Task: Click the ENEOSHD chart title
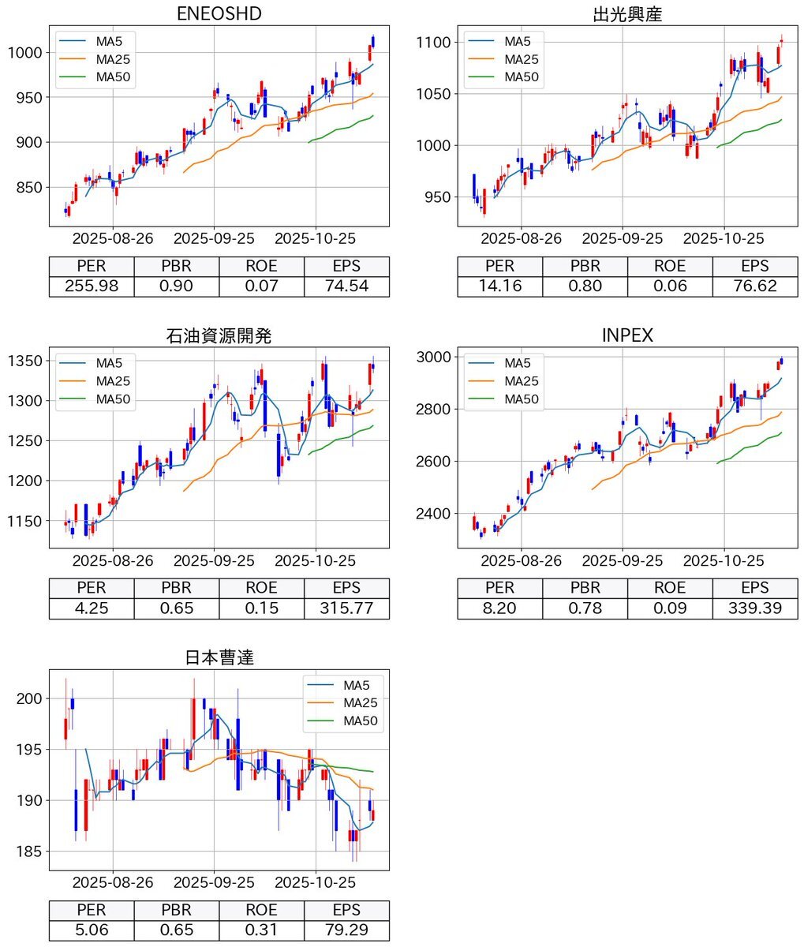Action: point(219,13)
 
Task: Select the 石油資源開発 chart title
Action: point(219,335)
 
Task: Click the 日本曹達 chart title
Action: point(219,657)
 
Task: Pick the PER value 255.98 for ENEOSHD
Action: point(92,286)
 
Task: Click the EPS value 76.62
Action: point(754,286)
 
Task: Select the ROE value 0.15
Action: point(261,608)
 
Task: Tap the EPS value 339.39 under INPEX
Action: point(754,608)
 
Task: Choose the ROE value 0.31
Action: point(261,930)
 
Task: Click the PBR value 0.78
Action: point(585,608)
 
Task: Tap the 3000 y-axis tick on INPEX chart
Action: point(433,357)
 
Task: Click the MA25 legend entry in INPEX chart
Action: point(521,381)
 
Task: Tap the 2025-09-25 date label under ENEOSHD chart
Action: point(214,238)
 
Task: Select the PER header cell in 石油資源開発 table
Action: point(92,588)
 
